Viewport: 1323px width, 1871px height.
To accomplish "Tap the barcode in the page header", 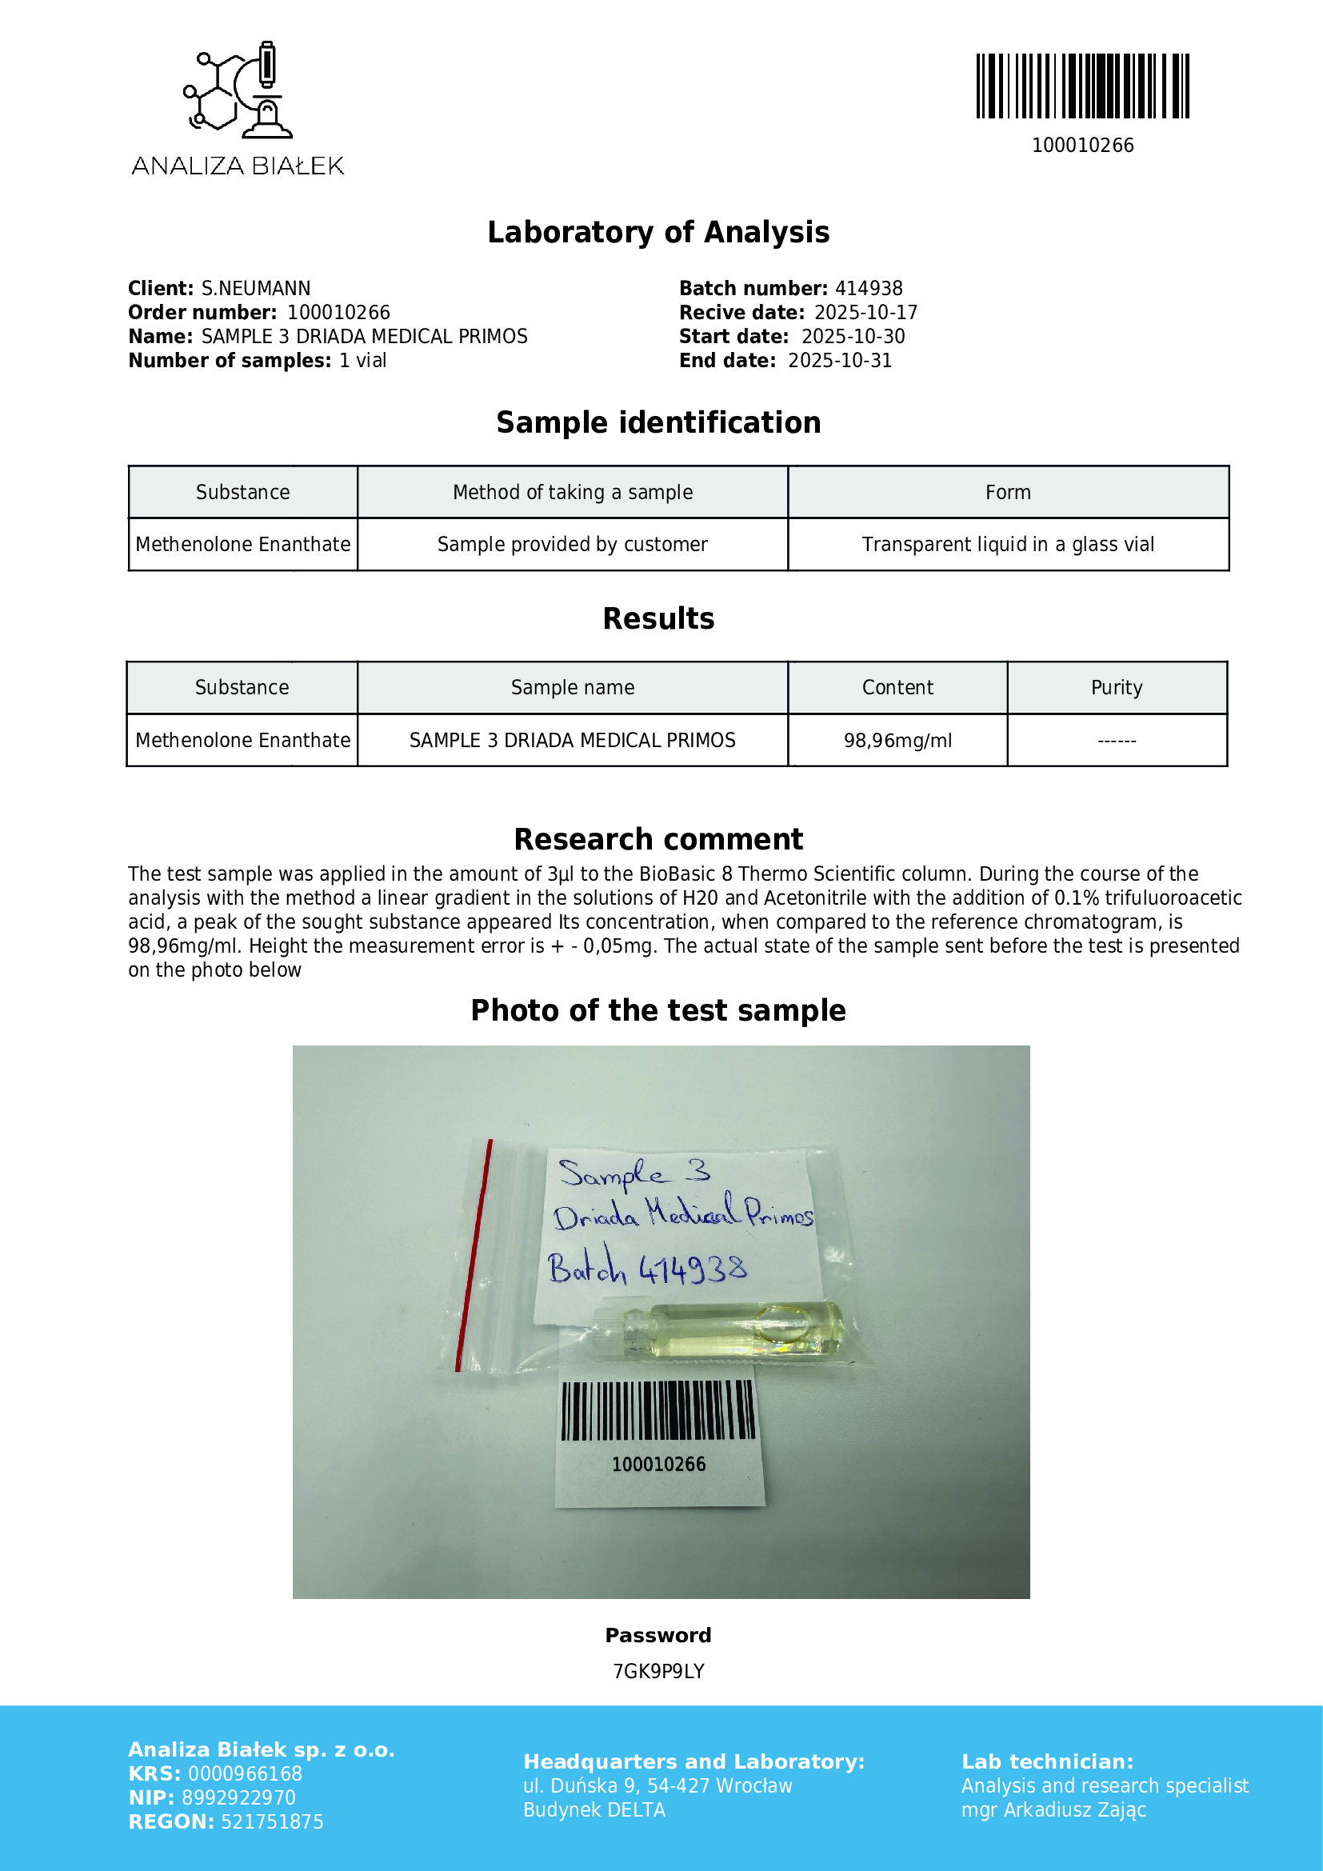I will (1082, 86).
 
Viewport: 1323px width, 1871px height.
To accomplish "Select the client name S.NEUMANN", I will (256, 289).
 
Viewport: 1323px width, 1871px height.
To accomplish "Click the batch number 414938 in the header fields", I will (869, 289).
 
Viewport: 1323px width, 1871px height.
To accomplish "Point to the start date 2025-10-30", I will (852, 337).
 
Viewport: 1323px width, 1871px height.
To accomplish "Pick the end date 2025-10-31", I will (839, 360).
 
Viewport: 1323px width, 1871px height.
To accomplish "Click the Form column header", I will (1007, 492).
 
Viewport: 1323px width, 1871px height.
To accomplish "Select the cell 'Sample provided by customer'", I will (572, 545).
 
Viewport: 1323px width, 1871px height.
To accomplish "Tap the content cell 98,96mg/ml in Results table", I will (897, 740).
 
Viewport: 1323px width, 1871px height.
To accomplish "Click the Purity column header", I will (1116, 688).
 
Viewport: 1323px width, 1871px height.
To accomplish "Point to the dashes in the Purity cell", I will (1116, 741).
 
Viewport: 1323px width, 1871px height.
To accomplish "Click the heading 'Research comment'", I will (658, 839).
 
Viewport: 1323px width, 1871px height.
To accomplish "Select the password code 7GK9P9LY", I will (658, 1671).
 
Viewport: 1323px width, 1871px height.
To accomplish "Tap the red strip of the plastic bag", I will (474, 1255).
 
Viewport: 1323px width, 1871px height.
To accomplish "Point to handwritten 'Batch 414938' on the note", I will (647, 1268).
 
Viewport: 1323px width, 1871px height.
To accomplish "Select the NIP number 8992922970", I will (238, 1797).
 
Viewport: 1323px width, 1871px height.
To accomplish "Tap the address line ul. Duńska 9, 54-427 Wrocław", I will (657, 1785).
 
